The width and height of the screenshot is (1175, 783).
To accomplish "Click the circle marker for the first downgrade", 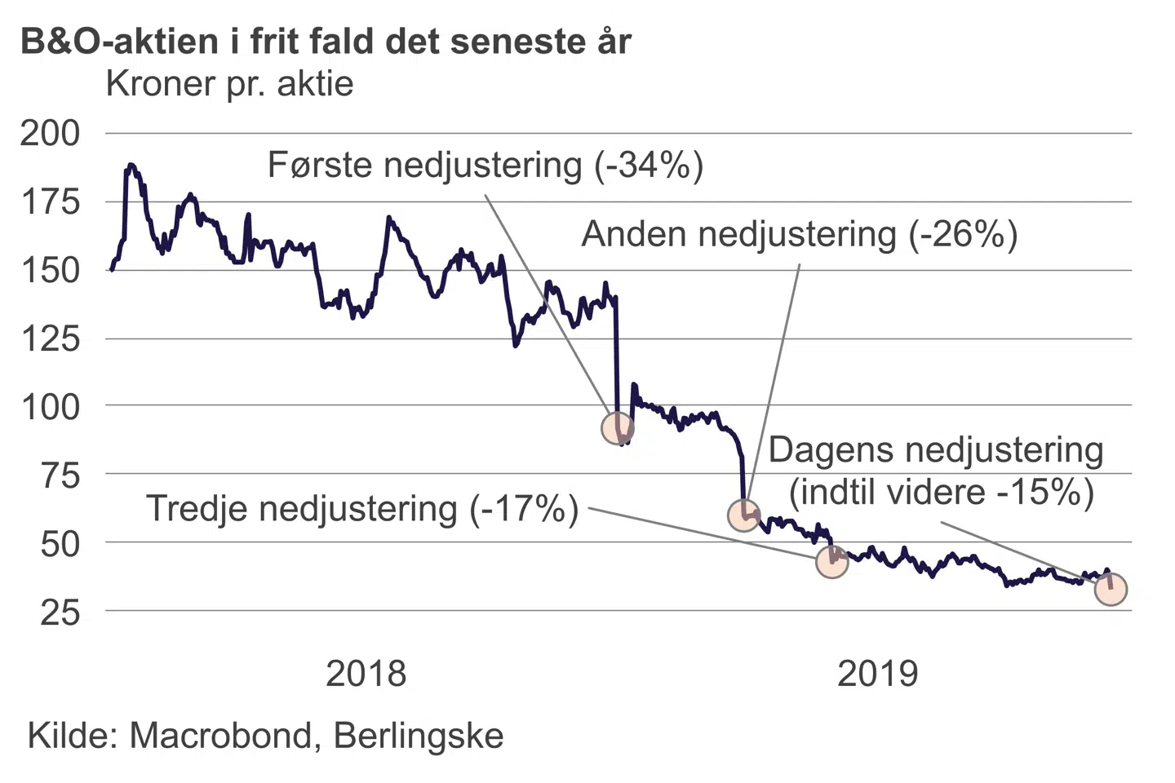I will click(618, 427).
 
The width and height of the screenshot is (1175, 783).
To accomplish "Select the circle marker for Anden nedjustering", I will click(743, 515).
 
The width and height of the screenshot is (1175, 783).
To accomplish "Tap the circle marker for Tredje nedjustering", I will click(831, 561).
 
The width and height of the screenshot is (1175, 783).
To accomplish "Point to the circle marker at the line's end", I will click(1111, 589).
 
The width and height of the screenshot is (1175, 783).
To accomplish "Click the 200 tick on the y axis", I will click(51, 133).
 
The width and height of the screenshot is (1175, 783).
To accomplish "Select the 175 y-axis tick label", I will click(51, 201).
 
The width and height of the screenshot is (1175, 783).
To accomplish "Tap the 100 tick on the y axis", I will click(51, 406).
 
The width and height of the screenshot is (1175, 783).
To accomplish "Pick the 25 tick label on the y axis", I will click(60, 612).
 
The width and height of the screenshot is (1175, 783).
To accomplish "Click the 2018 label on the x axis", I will click(366, 674).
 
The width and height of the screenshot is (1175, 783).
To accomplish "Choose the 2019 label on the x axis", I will click(877, 674).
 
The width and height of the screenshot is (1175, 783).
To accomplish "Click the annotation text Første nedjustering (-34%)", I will click(486, 166).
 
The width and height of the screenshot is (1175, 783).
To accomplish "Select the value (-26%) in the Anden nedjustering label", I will click(963, 235).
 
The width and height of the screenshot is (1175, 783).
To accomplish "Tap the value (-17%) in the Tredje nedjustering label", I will click(524, 509).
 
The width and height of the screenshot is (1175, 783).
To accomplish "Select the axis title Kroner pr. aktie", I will click(229, 84).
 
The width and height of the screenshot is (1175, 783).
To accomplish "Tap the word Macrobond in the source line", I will click(220, 736).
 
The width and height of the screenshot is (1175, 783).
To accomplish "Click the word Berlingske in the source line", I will click(419, 736).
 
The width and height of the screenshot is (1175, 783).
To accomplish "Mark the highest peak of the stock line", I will click(131, 165).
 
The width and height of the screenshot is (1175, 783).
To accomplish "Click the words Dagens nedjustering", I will click(935, 450).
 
